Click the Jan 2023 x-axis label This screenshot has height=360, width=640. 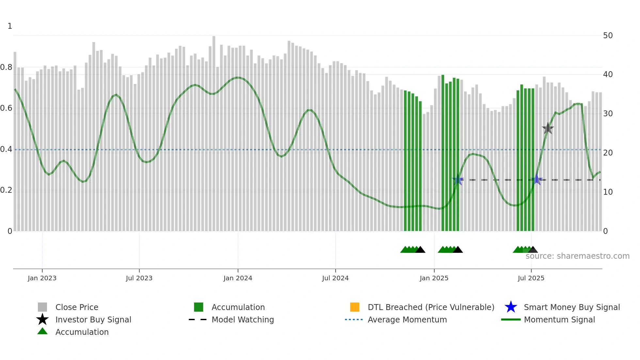[42, 278]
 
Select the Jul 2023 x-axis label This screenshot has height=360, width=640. [139, 278]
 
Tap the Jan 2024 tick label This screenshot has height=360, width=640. [238, 278]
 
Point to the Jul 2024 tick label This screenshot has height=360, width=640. [335, 278]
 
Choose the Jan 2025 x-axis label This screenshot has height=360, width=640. [434, 278]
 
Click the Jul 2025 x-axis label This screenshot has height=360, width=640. [531, 278]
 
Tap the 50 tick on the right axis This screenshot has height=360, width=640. [608, 35]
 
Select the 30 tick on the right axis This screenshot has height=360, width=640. [608, 114]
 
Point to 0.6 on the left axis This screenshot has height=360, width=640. [6, 108]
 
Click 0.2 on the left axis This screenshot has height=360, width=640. [6, 190]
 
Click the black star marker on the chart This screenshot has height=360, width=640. [548, 128]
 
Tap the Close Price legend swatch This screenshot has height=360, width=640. [42, 307]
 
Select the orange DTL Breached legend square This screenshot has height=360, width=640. [355, 307]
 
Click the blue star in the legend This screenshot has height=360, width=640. [511, 307]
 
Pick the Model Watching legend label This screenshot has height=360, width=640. [243, 319]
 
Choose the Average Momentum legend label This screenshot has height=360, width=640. [407, 319]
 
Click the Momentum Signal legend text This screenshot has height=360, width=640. [559, 319]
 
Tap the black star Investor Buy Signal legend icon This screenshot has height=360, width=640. [42, 319]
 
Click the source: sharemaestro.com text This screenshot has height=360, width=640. [577, 256]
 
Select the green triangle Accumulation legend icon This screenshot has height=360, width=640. [42, 332]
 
